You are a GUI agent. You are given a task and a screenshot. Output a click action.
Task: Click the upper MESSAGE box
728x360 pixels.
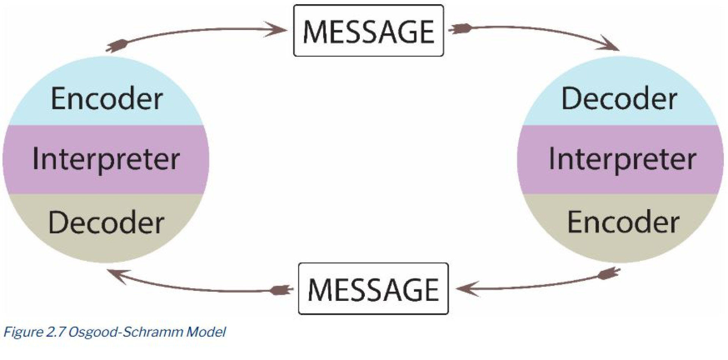(368, 31)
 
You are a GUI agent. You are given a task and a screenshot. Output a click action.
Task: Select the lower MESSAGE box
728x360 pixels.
(373, 289)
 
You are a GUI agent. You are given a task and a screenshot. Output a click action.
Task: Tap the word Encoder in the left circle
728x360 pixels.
(107, 99)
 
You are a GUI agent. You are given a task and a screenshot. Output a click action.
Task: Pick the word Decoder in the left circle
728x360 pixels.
(106, 223)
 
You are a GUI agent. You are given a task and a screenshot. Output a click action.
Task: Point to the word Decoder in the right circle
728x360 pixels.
(619, 99)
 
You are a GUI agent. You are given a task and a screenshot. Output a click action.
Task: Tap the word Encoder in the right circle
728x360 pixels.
(623, 223)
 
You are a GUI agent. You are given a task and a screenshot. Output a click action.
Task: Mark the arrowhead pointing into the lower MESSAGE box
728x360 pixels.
(466, 289)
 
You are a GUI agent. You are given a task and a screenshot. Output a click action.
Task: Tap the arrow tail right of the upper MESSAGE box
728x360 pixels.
(460, 28)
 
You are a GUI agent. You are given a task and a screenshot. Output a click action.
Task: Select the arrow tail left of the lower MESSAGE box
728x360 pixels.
(282, 291)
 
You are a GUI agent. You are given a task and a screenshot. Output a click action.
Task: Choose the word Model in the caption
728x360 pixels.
(207, 332)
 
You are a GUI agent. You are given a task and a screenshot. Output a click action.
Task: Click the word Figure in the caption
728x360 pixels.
(23, 332)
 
